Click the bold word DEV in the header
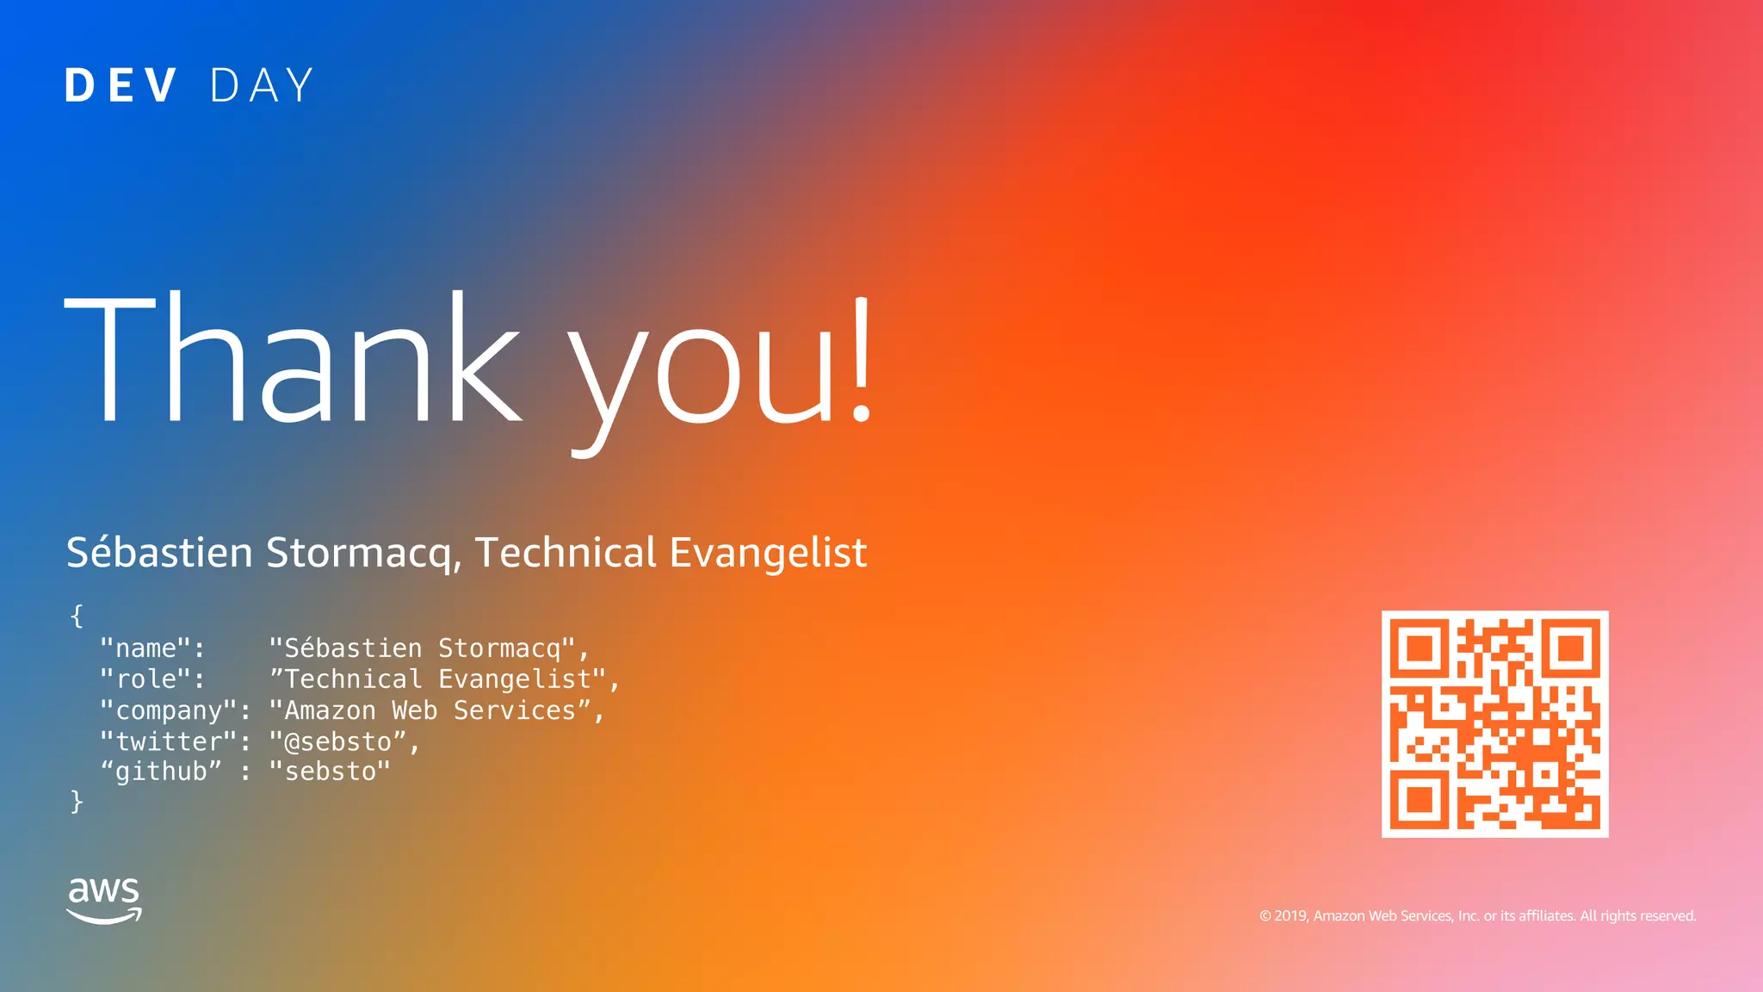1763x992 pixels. click(121, 86)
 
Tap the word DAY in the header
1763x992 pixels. click(262, 86)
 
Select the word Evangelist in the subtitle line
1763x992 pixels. click(768, 553)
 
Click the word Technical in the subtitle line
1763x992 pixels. click(566, 553)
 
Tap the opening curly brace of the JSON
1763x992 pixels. click(77, 616)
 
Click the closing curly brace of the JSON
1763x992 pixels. click(77, 802)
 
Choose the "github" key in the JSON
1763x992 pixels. click(161, 772)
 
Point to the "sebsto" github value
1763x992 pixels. click(330, 772)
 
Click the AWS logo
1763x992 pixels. click(104, 900)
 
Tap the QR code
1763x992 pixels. click(1494, 724)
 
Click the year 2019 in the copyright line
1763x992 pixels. click(1291, 916)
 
